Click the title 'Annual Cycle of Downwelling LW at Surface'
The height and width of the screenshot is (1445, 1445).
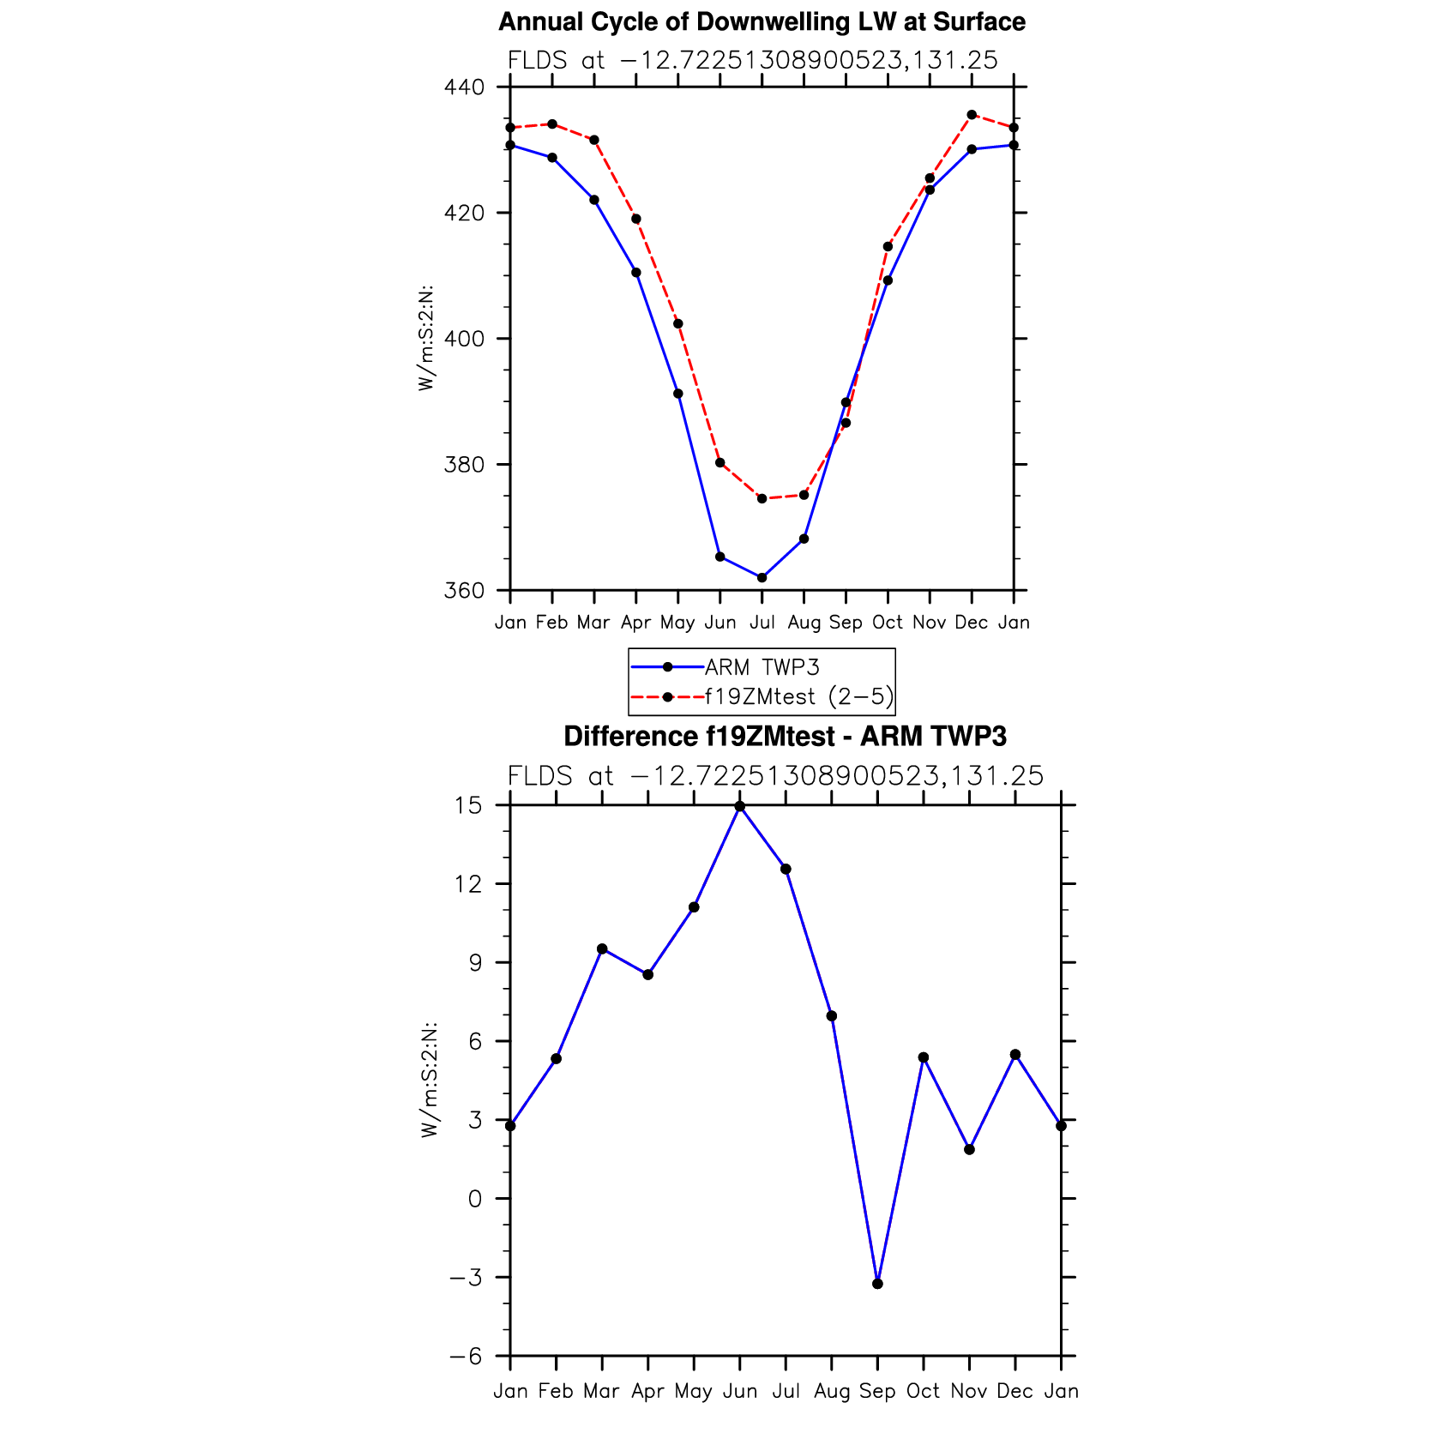[x=762, y=21]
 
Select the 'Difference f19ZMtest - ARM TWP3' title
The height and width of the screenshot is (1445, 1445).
[x=785, y=736]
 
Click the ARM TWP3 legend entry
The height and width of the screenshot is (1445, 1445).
[x=762, y=667]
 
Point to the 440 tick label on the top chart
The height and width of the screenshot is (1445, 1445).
[x=464, y=87]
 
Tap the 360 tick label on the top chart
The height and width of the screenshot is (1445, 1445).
[x=464, y=591]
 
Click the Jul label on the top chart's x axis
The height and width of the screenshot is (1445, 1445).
[x=762, y=623]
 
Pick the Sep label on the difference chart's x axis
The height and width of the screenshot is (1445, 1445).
[x=877, y=1391]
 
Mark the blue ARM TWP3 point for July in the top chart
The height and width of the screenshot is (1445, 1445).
[x=762, y=578]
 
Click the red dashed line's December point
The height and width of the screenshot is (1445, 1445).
[x=972, y=114]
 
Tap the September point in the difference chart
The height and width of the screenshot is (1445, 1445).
[x=877, y=1284]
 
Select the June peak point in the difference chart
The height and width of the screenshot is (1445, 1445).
[x=740, y=806]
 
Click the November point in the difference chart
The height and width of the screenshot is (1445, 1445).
[x=969, y=1149]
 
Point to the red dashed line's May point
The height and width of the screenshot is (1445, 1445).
[x=678, y=323]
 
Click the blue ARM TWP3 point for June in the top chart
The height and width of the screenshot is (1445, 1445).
[x=720, y=557]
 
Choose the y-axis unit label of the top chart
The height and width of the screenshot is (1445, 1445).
[x=425, y=338]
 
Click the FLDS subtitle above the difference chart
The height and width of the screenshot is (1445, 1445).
[x=775, y=776]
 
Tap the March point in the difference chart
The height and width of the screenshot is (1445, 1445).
[x=602, y=948]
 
